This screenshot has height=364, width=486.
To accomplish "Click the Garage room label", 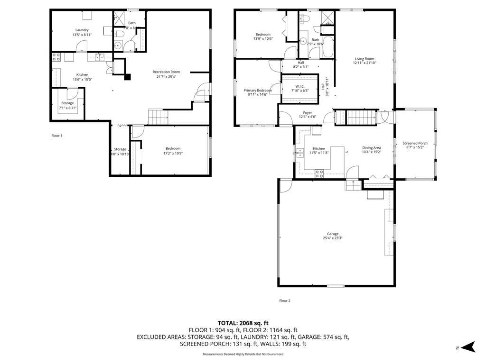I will pyautogui.click(x=332, y=234).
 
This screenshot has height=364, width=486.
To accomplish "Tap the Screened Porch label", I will pyautogui.click(x=415, y=143).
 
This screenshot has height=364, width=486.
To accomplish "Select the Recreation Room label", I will pyautogui.click(x=166, y=72).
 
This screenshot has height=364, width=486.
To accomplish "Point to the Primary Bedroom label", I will pyautogui.click(x=258, y=90).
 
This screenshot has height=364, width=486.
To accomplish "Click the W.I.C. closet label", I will pyautogui.click(x=299, y=86).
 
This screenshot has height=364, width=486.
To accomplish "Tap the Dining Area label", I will pyautogui.click(x=371, y=148).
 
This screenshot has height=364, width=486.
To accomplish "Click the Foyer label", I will pyautogui.click(x=308, y=112).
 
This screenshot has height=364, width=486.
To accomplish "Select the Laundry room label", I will pyautogui.click(x=82, y=30).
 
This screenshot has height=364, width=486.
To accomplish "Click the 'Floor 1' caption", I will pyautogui.click(x=56, y=136).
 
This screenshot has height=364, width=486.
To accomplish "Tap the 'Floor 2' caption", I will pyautogui.click(x=284, y=300).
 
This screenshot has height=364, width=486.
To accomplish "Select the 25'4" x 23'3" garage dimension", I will pyautogui.click(x=332, y=238).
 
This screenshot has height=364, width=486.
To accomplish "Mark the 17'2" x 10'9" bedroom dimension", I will pyautogui.click(x=173, y=153).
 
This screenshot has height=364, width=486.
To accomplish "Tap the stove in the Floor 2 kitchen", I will pyautogui.click(x=319, y=173).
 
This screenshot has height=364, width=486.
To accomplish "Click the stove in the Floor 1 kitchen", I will pyautogui.click(x=56, y=57).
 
